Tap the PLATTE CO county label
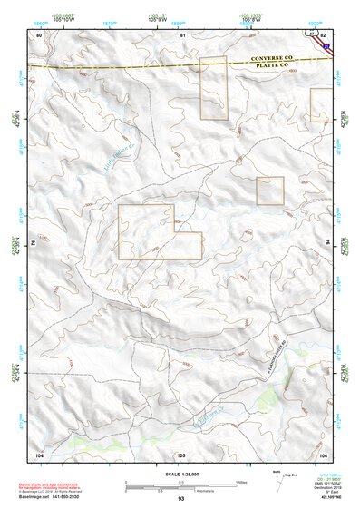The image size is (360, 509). click(x=271, y=65)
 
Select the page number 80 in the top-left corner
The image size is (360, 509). click(x=39, y=34)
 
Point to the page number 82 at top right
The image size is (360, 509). click(x=324, y=34)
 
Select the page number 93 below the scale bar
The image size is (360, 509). click(x=181, y=499)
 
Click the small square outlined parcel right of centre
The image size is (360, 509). click(x=270, y=191)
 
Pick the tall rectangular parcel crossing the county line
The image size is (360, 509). click(x=213, y=88)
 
